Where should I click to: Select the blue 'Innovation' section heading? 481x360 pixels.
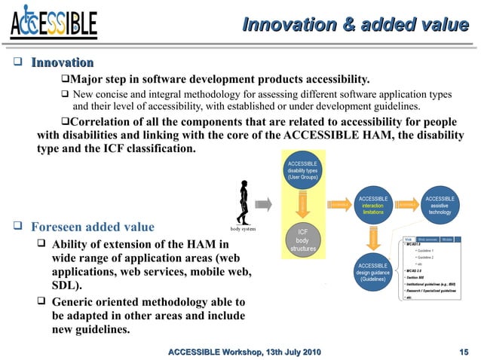[x=62, y=63]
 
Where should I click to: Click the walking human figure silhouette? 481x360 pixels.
[x=242, y=202]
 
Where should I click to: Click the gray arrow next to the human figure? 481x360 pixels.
[x=263, y=204]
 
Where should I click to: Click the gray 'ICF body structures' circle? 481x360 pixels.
[x=302, y=239]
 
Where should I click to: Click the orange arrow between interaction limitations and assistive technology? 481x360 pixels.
[x=407, y=204]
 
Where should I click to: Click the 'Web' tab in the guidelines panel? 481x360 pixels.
[x=408, y=239]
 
